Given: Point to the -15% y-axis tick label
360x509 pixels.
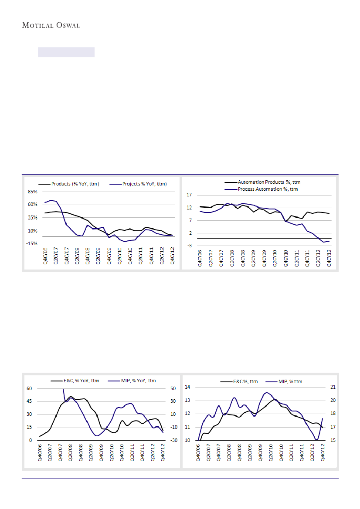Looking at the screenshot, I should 33,244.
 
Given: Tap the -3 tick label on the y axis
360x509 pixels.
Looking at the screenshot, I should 189,246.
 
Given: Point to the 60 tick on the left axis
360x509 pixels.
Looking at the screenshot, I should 30,388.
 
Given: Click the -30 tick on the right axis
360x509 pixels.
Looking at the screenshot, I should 173,441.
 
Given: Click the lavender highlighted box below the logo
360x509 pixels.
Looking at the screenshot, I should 66,52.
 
